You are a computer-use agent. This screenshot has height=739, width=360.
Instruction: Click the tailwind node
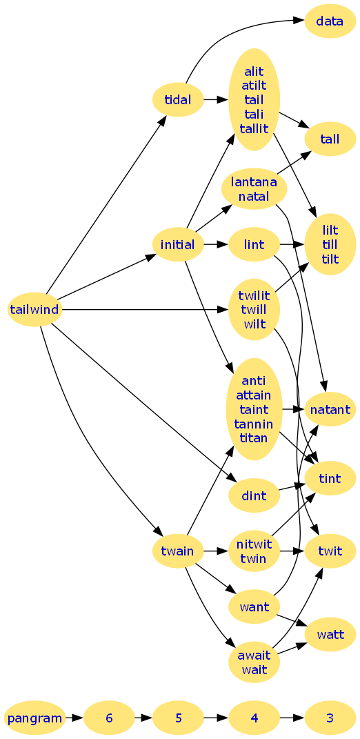tap(34, 310)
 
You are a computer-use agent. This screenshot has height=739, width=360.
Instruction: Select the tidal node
tap(178, 100)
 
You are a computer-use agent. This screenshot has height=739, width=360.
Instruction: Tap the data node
tap(330, 21)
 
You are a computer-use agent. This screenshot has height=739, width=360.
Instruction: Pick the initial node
tap(178, 244)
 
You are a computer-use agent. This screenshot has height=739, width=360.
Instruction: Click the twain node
tap(178, 551)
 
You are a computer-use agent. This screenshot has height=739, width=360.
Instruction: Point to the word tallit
tap(254, 128)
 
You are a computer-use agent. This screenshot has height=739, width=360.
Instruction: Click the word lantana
tap(254, 181)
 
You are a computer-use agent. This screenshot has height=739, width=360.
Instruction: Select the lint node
tap(254, 244)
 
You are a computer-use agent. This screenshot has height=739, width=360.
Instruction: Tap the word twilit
tap(254, 295)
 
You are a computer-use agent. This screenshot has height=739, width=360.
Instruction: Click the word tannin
tap(254, 423)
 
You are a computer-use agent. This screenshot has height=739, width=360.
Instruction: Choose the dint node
tap(254, 495)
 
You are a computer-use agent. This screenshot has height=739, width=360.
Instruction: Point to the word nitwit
tap(254, 544)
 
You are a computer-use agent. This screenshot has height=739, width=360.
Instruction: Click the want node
tap(254, 606)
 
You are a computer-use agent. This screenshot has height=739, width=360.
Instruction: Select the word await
tap(254, 655)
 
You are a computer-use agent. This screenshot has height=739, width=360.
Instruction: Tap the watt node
tap(330, 634)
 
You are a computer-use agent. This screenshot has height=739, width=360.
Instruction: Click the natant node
tap(330, 409)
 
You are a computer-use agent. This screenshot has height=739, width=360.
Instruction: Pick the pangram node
tap(34, 718)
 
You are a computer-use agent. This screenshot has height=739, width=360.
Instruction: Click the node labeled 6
tap(109, 718)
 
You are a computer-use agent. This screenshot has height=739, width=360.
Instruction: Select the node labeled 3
tap(330, 718)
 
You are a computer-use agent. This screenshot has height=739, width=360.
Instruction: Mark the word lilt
tap(330, 230)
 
